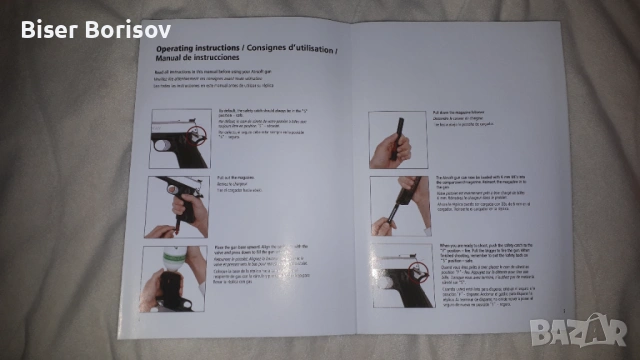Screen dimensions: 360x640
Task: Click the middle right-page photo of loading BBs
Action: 399,205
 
